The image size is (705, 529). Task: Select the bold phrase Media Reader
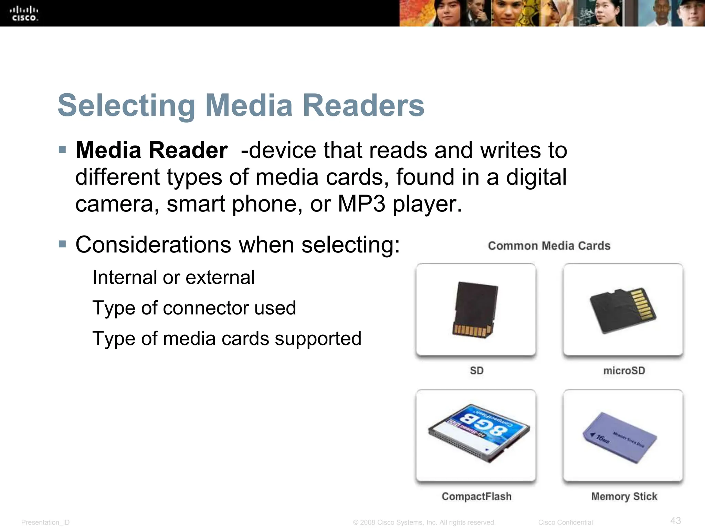click(151, 151)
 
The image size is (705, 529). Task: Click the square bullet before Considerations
click(62, 245)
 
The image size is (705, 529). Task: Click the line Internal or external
click(173, 278)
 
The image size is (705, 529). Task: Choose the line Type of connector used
click(194, 308)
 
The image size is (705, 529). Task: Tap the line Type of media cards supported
click(227, 339)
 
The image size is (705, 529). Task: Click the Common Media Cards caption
click(549, 246)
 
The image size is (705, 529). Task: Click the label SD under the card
click(477, 371)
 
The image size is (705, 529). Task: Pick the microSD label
click(624, 371)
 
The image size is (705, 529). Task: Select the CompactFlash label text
click(476, 497)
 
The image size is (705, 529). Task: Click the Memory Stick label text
click(624, 497)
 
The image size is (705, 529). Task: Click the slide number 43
click(675, 520)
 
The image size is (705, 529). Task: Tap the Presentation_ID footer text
click(45, 522)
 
